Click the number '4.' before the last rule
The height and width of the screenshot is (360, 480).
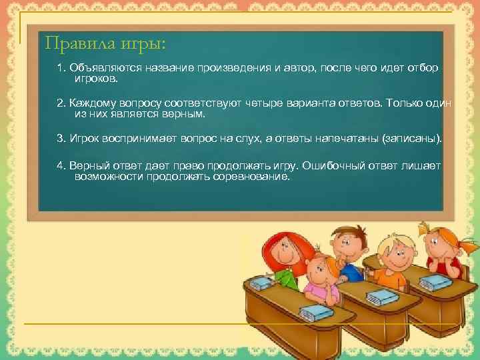pyautogui.click(x=62, y=165)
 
